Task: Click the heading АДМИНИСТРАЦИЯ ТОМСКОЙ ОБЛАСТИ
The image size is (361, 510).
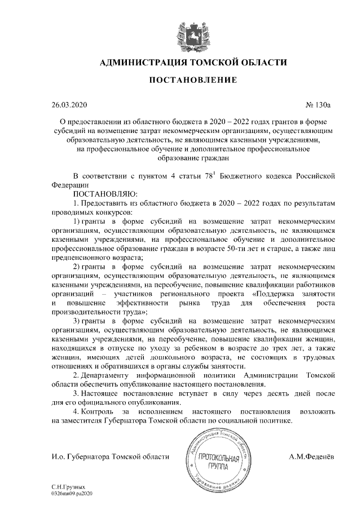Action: [192, 62]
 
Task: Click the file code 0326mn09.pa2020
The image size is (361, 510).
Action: [71, 492]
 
